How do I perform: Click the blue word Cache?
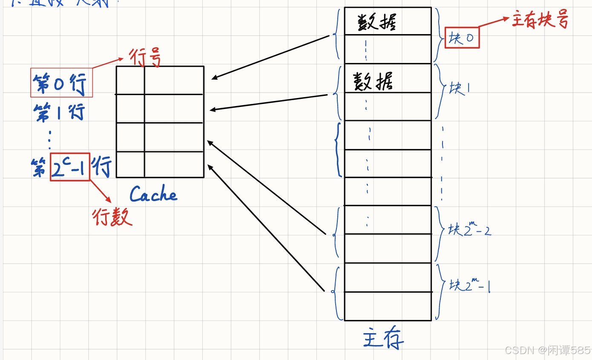(x=153, y=195)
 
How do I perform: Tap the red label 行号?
(x=145, y=59)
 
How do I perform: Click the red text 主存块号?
(x=540, y=20)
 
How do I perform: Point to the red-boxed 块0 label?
(x=462, y=38)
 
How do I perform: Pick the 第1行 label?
(x=59, y=112)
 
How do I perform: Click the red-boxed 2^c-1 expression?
(x=70, y=167)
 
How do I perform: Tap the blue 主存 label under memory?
(x=383, y=339)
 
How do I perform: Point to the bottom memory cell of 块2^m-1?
(x=388, y=306)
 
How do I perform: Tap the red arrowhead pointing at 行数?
(x=108, y=199)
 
